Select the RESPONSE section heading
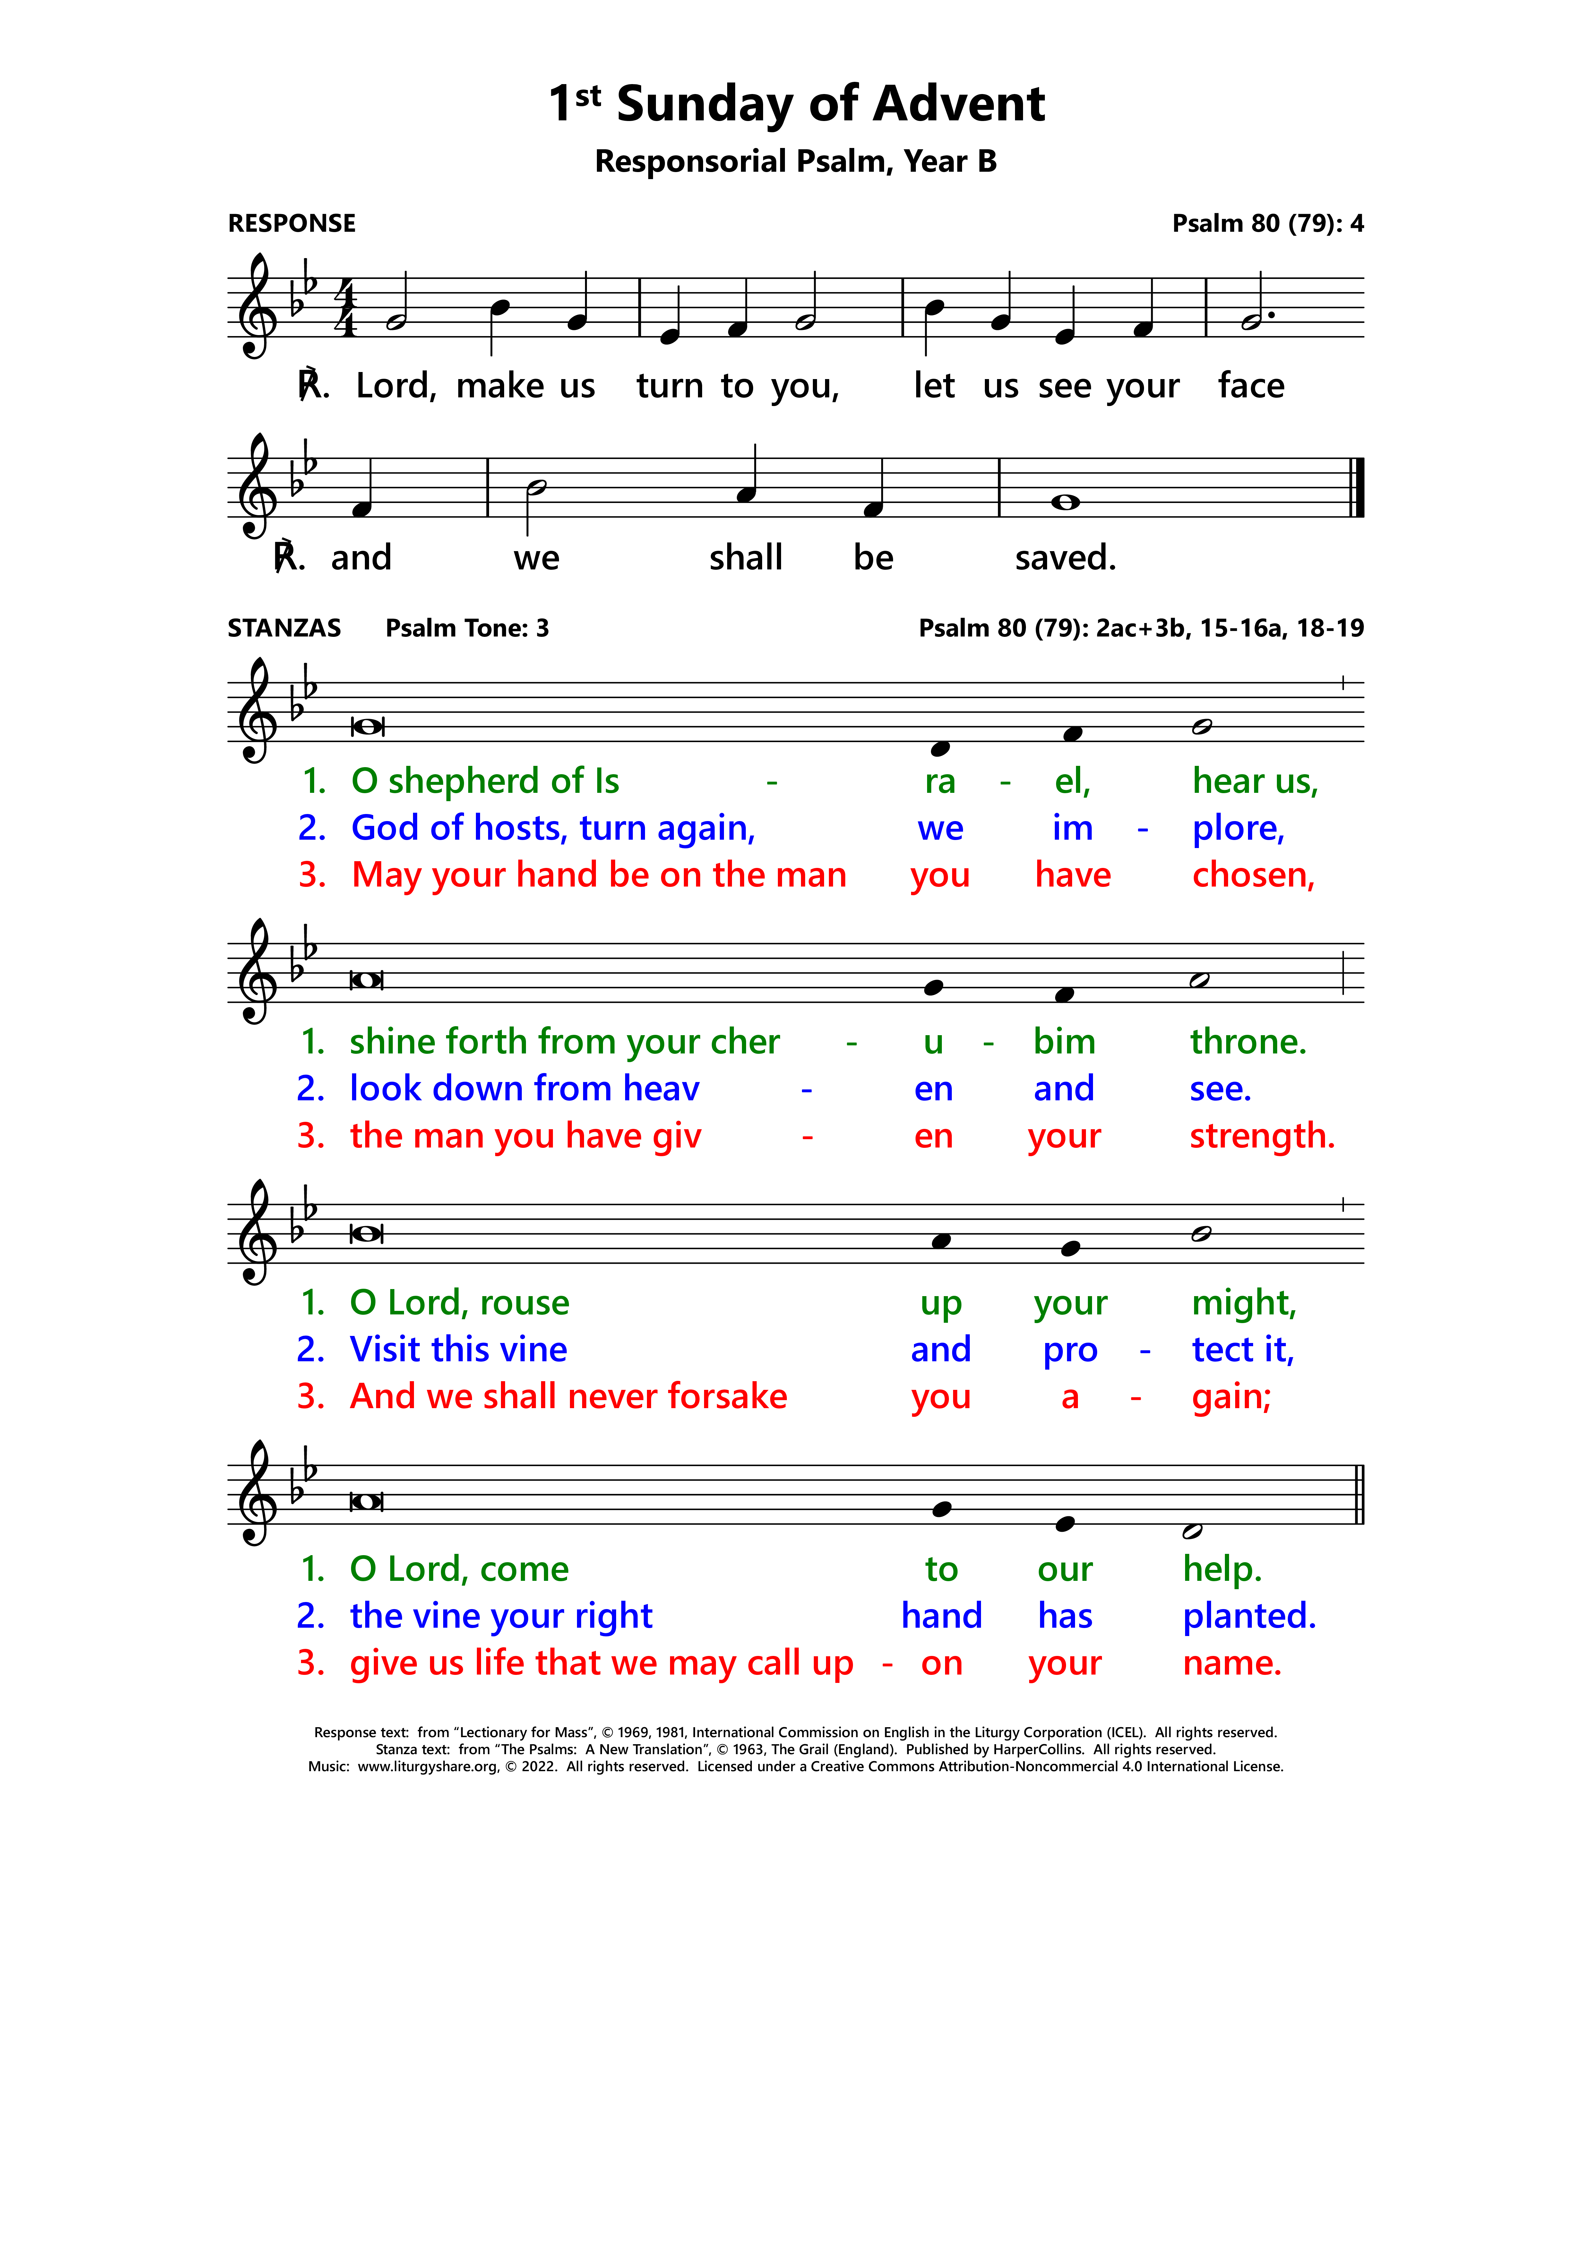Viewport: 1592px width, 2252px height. click(291, 224)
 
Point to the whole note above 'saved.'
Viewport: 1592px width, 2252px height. click(1065, 502)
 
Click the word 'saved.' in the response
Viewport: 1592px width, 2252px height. click(1065, 558)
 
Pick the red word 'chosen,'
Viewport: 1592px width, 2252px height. click(1252, 875)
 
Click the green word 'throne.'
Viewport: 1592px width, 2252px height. click(1248, 1042)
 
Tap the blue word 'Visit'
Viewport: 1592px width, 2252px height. click(385, 1350)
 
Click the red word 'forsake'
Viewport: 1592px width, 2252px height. click(725, 1397)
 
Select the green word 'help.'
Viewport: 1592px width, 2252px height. click(1222, 1569)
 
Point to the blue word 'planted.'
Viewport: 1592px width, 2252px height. click(1249, 1616)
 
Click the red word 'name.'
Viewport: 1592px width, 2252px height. click(1232, 1664)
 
